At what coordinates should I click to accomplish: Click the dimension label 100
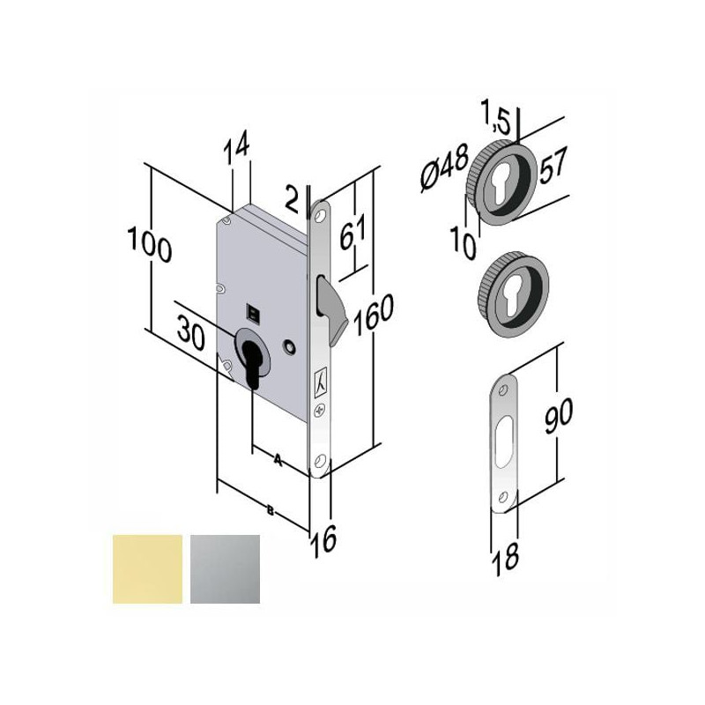[150, 244]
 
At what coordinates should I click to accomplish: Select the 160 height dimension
[373, 314]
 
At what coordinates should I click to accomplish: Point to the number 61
[353, 232]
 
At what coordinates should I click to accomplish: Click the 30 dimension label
[190, 333]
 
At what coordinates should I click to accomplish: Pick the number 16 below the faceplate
[323, 540]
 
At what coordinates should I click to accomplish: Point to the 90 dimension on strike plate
[559, 415]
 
